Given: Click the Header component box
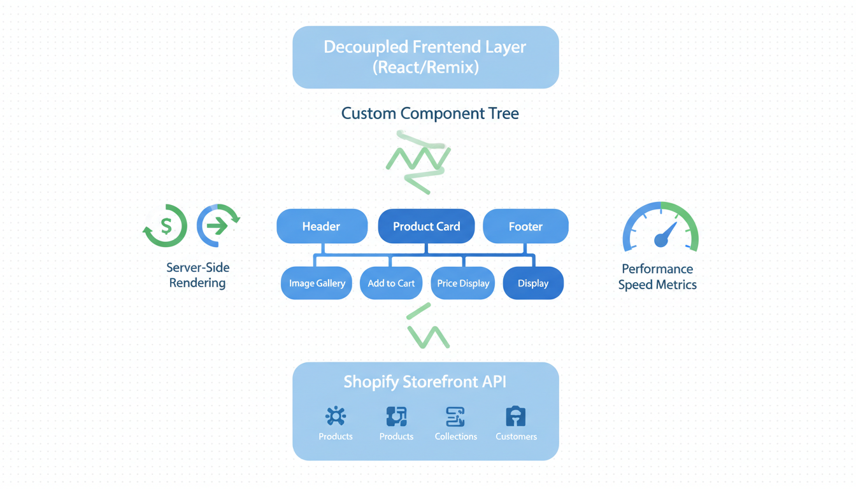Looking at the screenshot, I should coord(322,226).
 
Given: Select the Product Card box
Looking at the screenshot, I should coord(426,226).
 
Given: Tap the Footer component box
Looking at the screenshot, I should coord(525,226).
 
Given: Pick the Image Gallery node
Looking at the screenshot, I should coord(317,283).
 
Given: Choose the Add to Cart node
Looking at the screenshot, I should coord(391,283).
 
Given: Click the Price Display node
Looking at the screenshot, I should coord(463,283).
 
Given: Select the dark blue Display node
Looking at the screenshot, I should coord(533,283).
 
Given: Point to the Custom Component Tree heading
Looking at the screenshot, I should coord(430,113).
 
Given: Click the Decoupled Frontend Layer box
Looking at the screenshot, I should coord(425,57).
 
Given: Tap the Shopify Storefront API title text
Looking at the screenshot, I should coord(425,381).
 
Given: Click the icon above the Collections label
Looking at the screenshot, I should coord(455,416).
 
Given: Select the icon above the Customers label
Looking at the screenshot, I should coord(516,416).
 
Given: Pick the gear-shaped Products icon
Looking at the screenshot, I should coord(336,416).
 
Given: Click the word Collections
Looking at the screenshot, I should coord(455,436).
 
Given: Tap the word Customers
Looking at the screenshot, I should coord(516,436).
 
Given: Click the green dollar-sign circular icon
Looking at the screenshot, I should coord(166,225).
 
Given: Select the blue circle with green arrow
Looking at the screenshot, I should coord(218,225).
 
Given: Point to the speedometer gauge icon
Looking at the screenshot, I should coord(660,228).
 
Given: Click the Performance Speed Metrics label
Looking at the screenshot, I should coord(657,276).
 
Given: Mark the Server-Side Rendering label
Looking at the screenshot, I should coord(197,275).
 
